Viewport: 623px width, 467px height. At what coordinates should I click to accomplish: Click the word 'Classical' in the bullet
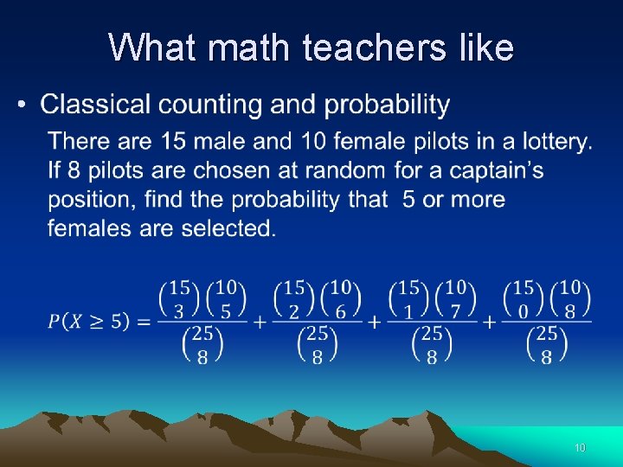point(94,106)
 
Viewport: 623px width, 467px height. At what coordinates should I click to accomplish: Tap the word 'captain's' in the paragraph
point(494,170)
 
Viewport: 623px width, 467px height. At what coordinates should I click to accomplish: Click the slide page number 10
point(580,448)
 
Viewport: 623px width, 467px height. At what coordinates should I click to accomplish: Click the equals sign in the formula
point(144,322)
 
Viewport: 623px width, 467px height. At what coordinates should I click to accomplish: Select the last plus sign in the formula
point(490,322)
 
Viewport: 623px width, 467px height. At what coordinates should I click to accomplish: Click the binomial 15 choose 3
point(180,298)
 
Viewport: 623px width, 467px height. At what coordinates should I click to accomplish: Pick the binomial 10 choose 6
point(340,298)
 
